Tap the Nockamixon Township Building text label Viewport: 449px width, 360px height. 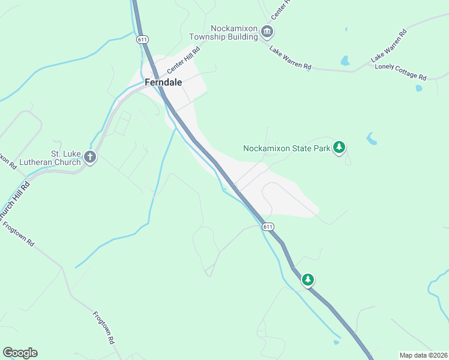(x=234, y=32)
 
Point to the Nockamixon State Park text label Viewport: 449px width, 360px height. (x=287, y=148)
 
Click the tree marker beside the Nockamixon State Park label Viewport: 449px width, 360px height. (x=339, y=147)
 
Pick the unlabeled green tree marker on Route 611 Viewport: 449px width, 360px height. (x=308, y=280)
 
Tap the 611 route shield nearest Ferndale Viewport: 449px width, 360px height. (x=142, y=40)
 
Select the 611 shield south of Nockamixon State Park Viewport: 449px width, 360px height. (x=268, y=226)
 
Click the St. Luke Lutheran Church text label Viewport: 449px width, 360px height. (x=57, y=158)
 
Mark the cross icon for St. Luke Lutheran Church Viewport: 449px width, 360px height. (x=90, y=157)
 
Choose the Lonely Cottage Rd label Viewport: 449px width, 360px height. (x=400, y=71)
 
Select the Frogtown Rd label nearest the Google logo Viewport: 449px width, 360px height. (x=103, y=326)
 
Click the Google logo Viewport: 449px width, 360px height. (x=20, y=353)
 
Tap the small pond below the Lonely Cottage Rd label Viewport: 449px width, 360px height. (x=418, y=88)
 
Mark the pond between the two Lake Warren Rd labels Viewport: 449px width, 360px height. (x=345, y=61)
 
